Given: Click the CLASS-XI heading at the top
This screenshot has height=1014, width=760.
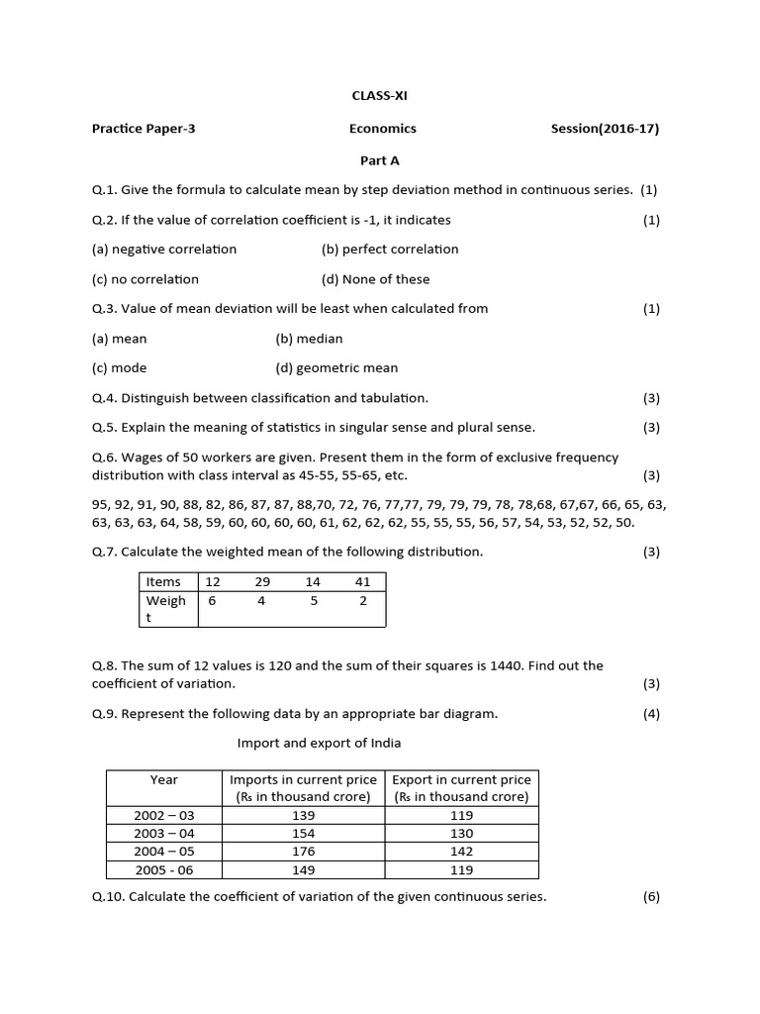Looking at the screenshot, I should [x=380, y=96].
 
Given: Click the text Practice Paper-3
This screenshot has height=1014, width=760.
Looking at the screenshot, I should [x=143, y=128].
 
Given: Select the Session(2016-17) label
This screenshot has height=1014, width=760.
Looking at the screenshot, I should [x=605, y=128].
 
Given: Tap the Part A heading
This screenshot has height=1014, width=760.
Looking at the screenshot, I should [x=379, y=159].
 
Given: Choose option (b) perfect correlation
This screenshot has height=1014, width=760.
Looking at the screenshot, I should [x=390, y=249].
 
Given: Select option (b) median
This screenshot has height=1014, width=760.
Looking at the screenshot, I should [x=309, y=339].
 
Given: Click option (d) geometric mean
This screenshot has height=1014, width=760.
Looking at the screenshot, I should [x=336, y=368].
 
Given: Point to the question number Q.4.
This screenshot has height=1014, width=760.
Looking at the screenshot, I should [x=103, y=398].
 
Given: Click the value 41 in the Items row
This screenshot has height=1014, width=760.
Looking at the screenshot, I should [x=362, y=581].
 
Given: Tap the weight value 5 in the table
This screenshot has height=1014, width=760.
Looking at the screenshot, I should [x=313, y=600].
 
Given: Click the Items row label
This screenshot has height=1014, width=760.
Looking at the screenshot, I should [x=163, y=581].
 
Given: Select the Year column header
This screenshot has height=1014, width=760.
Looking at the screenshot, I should [x=164, y=779].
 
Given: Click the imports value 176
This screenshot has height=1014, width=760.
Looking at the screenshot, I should [x=304, y=852].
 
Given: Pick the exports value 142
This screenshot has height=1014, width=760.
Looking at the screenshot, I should [x=461, y=852].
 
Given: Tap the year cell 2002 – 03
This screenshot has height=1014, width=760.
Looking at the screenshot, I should [x=164, y=815].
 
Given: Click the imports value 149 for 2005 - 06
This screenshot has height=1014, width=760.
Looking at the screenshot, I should [x=304, y=870].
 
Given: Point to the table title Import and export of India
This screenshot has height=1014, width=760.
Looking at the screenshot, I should [x=319, y=743].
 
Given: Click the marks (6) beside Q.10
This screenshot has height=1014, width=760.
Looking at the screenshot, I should [x=650, y=897].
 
